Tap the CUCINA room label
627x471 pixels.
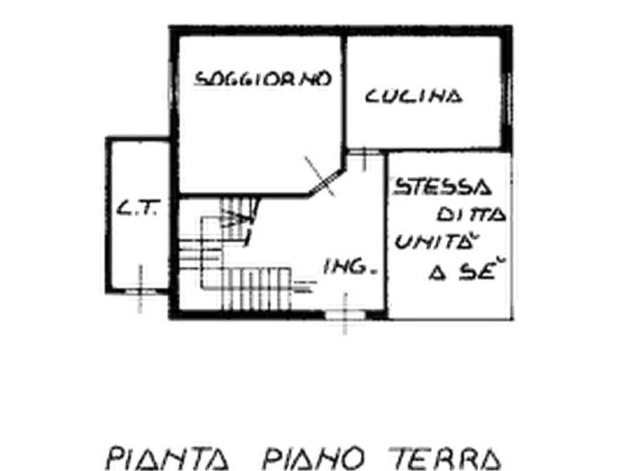click(x=414, y=96)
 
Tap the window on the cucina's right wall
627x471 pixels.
click(x=511, y=98)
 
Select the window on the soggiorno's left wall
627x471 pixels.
click(x=168, y=91)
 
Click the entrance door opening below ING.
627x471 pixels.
click(x=345, y=316)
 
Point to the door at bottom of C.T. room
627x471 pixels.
click(x=140, y=295)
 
